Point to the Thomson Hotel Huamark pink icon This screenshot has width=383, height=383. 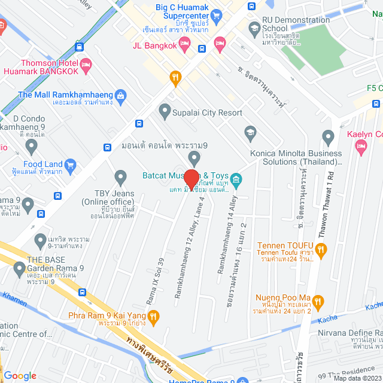pos(86,64)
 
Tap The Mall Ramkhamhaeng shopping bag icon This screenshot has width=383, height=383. pos(121,95)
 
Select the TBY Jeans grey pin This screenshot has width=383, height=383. pos(121,177)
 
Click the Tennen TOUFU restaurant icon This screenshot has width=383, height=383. pos(321,250)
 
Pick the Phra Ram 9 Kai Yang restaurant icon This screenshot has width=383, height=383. pos(153,315)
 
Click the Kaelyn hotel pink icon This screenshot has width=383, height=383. pos(360,147)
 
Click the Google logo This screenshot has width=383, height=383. pos(20,375)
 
